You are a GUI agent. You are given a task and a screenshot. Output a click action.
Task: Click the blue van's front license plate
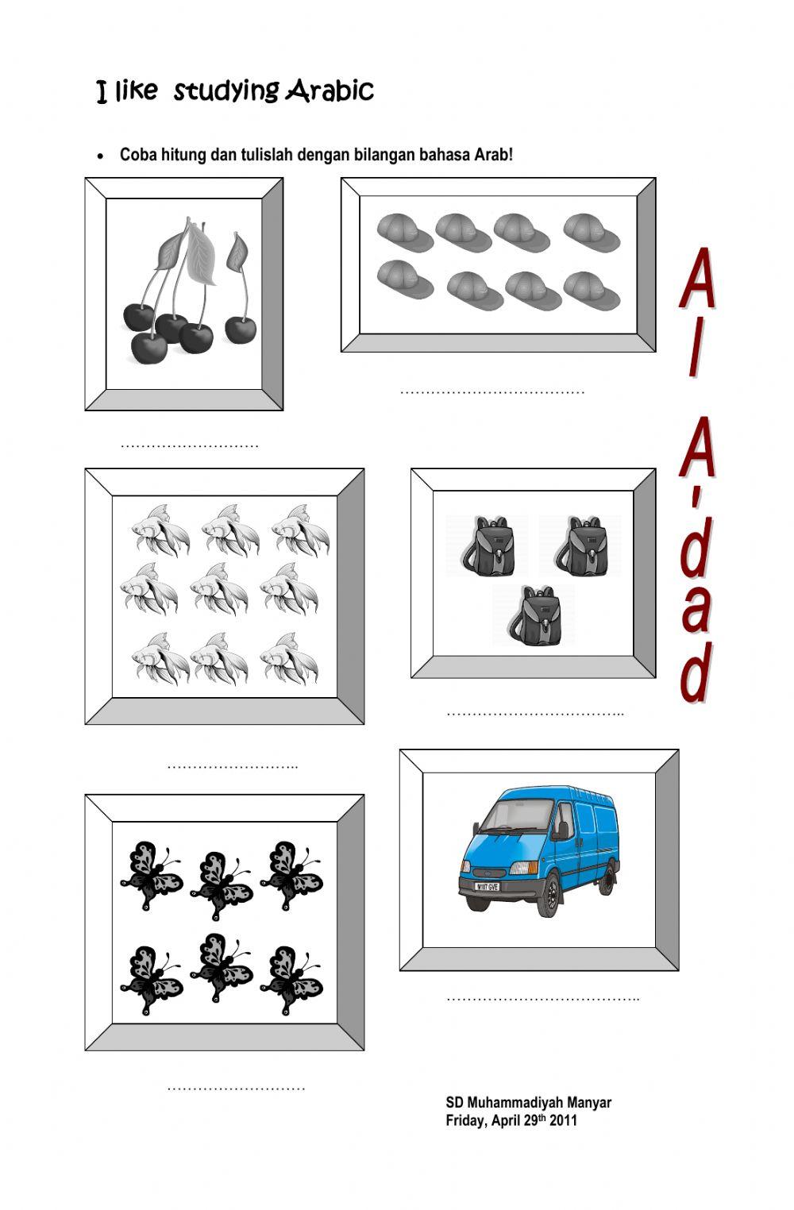click(x=486, y=886)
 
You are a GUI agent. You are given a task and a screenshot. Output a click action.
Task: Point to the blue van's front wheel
click(x=550, y=897)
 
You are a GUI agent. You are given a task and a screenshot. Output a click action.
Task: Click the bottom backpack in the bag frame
click(x=533, y=617)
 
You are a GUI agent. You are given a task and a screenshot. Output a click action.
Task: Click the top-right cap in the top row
click(x=592, y=231)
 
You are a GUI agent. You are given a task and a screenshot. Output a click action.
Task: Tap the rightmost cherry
click(x=241, y=328)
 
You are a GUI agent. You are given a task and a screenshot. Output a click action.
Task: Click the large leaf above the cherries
click(x=199, y=252)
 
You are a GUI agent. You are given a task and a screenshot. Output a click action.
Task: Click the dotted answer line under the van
click(x=542, y=998)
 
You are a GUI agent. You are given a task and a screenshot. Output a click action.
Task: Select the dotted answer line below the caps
click(x=492, y=391)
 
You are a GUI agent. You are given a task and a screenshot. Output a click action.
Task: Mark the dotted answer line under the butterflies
click(x=236, y=1088)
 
